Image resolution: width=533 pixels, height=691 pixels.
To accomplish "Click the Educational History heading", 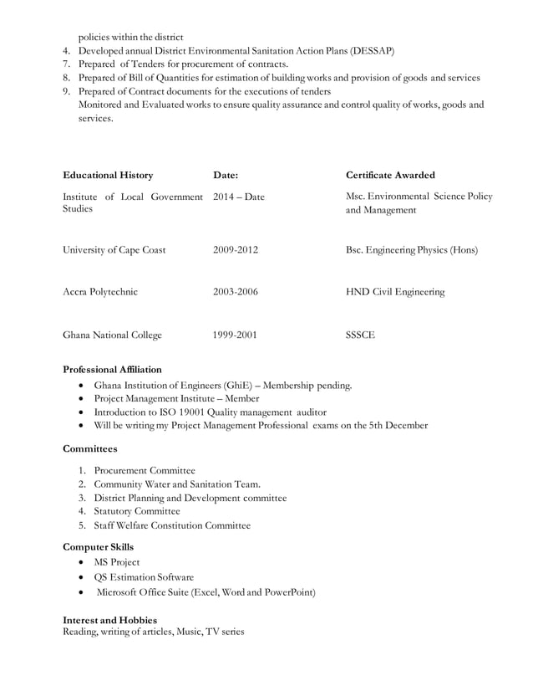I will coord(108,176).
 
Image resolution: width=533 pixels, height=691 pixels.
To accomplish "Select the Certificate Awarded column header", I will coord(390,176).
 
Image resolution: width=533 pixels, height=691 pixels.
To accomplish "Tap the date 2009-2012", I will coord(236,250).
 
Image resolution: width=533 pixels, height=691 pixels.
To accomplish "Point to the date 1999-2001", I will coord(236,335).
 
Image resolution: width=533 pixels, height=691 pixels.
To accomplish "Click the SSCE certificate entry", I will coord(360,335).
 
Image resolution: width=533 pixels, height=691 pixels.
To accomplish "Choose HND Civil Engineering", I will coord(395,293).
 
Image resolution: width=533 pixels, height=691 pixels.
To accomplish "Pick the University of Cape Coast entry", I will coord(114,250).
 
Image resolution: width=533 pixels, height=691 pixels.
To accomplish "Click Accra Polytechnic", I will coord(100,293).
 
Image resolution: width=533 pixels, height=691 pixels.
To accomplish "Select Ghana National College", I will coord(113,335).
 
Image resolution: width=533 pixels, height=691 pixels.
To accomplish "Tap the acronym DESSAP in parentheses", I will coord(367,51).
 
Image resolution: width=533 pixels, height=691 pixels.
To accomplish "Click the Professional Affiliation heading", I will coord(113,370).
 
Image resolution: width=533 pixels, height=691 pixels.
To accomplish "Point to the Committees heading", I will coord(90,449).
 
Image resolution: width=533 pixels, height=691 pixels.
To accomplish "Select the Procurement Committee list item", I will coord(145,470).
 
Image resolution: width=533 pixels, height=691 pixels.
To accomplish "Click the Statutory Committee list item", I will coord(137,511).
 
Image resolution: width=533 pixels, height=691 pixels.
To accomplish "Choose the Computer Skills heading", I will coord(99,547).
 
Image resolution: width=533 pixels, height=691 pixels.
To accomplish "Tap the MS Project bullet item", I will coord(117,562).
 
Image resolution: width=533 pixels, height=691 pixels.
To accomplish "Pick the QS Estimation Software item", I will coord(144,577).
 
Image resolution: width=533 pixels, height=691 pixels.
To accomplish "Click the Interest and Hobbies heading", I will coord(110,620).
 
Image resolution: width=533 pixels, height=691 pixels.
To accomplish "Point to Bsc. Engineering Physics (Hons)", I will coord(411,250).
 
